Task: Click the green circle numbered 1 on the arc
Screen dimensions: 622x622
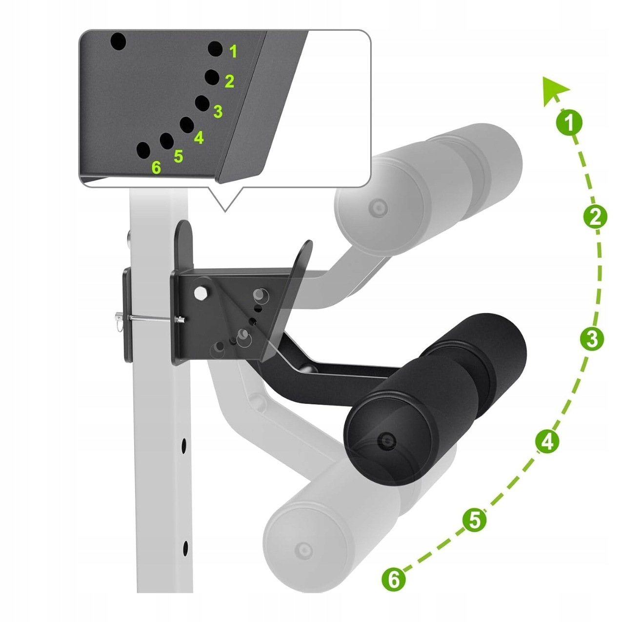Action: (x=569, y=123)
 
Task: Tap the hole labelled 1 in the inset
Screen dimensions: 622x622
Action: (x=215, y=49)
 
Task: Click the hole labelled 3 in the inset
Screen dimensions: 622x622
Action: (x=202, y=103)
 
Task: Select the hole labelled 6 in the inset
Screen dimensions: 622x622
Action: (x=143, y=150)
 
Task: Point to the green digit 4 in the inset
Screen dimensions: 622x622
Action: (x=199, y=137)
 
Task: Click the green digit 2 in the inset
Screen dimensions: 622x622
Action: (x=229, y=81)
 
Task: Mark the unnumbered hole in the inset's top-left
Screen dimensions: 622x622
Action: (x=118, y=41)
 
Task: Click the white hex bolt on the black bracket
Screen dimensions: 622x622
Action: (x=201, y=293)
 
